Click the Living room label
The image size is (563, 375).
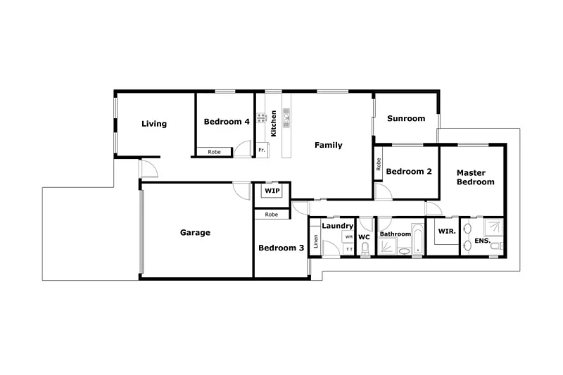coord(154,124)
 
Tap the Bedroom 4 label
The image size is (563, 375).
coord(227,122)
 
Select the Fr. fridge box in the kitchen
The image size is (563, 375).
coord(262,150)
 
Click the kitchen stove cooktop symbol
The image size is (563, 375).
coord(260,117)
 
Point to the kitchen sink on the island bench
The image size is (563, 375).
coord(286,120)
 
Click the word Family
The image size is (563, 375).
coord(328,146)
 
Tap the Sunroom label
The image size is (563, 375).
coord(406,119)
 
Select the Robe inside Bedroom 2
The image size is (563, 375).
coord(379,164)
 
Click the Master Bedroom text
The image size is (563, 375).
coord(475,177)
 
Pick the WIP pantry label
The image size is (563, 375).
coord(272,191)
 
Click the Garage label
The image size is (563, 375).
coord(195,232)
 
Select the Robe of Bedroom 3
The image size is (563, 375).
coord(271,214)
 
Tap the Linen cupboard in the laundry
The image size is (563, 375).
coord(316,241)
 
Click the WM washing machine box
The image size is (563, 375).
coord(349,237)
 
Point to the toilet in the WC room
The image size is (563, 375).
coord(365,248)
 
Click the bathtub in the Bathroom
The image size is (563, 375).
coord(417,239)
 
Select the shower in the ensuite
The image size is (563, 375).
coord(495,227)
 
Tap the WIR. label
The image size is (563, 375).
coord(445,231)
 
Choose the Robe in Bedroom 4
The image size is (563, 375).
coord(214,151)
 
